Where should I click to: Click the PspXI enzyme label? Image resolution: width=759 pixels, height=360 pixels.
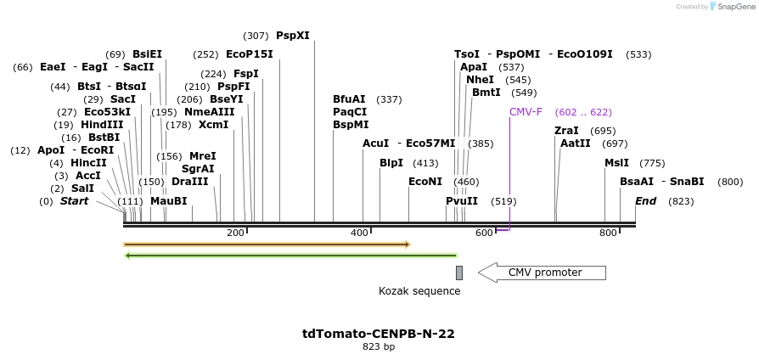(293, 36)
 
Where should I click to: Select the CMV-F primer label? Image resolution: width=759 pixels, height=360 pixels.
(526, 112)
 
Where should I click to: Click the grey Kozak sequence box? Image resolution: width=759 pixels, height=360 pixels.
(459, 273)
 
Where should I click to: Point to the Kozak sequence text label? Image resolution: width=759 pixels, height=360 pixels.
(419, 291)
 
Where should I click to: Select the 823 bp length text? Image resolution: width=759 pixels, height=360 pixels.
(379, 346)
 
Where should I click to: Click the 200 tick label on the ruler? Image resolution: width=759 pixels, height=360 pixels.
(235, 233)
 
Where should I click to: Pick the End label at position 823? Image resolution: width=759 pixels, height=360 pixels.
(645, 201)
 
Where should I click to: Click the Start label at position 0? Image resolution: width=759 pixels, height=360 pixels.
(75, 201)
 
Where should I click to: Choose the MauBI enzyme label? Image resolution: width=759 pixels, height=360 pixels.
(168, 201)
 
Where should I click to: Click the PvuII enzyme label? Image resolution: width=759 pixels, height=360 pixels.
(462, 201)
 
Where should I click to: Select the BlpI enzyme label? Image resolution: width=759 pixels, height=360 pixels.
(391, 163)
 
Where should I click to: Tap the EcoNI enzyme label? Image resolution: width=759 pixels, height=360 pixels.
(425, 182)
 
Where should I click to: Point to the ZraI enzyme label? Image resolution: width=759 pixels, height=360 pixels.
(566, 131)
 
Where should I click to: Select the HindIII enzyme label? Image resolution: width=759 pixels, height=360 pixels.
(102, 125)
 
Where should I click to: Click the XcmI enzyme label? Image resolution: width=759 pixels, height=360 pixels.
(213, 125)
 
